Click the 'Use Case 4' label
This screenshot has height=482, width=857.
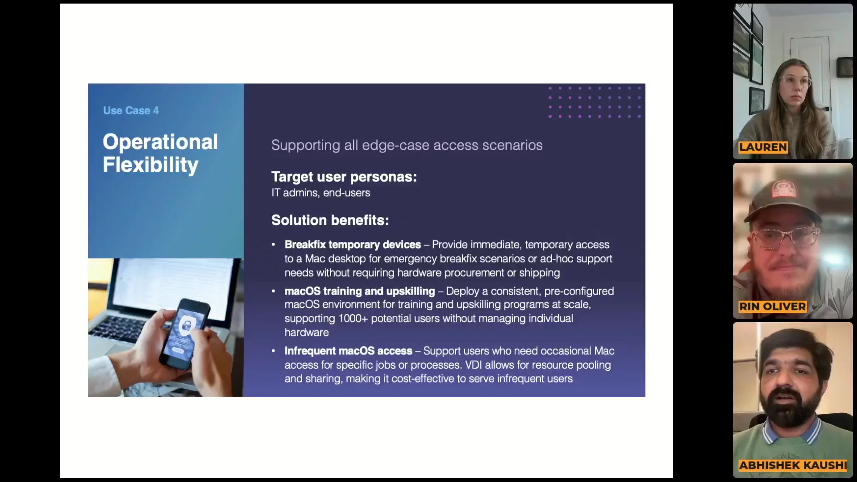[131, 111]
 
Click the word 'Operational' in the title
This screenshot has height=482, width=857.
[160, 142]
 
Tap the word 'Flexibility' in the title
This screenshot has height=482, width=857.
[150, 165]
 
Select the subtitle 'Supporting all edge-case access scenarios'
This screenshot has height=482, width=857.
[407, 145]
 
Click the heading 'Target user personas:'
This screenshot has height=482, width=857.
[344, 177]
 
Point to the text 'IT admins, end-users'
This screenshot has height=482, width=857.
[320, 193]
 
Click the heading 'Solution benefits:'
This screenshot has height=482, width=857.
[330, 220]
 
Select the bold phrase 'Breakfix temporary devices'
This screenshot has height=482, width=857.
[353, 245]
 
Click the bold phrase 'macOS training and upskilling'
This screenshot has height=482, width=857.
[360, 291]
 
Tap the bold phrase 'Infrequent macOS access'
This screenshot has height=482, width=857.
[349, 351]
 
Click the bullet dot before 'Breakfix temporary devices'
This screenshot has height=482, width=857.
[273, 245]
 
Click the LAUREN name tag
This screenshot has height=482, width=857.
[763, 147]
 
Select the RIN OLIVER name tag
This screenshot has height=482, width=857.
[773, 307]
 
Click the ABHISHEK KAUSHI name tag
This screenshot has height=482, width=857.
[793, 465]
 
